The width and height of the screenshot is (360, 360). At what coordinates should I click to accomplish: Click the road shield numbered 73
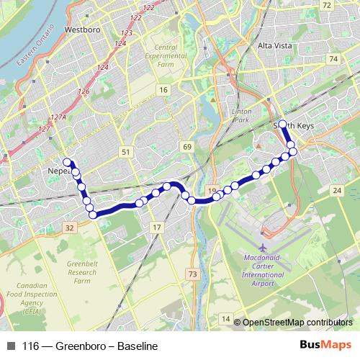[192, 274]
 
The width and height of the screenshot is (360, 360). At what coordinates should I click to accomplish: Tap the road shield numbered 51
[127, 152]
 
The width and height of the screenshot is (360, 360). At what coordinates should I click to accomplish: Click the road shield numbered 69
[188, 147]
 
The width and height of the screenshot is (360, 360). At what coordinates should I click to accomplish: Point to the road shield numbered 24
[337, 190]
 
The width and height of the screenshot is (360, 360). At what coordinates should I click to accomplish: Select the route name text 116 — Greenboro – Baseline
[89, 346]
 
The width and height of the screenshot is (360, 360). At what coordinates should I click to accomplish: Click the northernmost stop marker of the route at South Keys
[283, 123]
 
